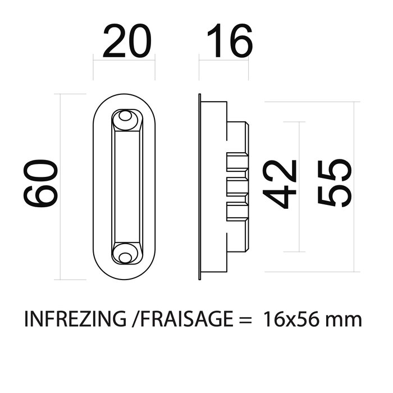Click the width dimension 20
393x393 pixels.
127,43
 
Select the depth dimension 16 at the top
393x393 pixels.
229,43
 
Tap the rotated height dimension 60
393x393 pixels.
40,183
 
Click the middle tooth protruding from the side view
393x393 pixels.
238,186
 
